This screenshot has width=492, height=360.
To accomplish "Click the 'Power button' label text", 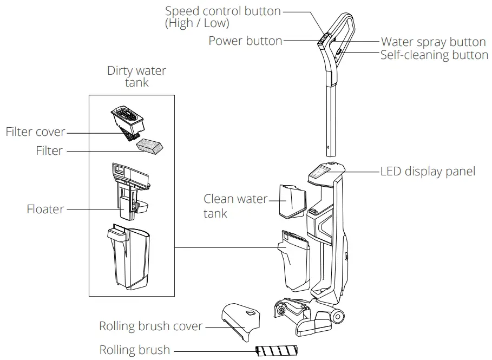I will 245,41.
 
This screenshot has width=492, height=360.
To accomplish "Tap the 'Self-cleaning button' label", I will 434,55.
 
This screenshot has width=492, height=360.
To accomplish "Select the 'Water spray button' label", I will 433,42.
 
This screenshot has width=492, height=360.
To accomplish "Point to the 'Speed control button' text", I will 222,11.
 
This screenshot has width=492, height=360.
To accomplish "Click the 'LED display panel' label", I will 428,171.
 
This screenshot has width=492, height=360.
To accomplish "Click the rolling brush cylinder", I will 277,351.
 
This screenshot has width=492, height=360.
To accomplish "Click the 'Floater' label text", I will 45,209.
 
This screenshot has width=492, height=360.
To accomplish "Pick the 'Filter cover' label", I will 35,132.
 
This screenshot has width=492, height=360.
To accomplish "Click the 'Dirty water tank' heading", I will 136,76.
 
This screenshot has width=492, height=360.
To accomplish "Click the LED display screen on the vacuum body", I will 320,173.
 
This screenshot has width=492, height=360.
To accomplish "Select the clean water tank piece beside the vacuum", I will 293,200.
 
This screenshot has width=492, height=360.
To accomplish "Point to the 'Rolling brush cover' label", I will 150,326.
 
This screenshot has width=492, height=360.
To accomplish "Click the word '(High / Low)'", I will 197,24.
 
